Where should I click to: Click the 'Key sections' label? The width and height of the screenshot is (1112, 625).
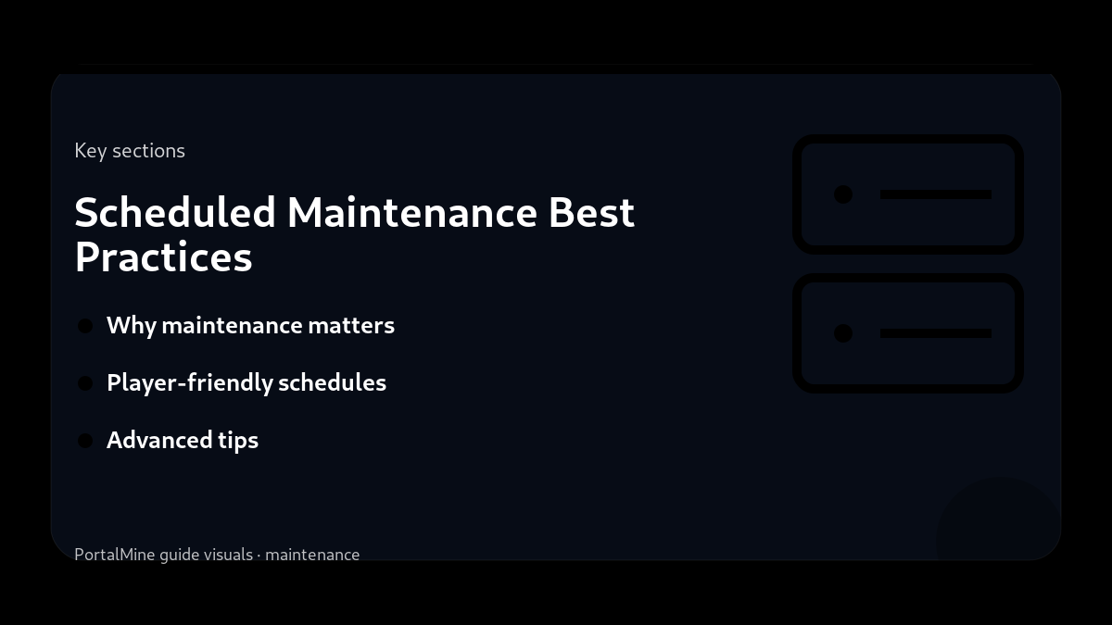[130, 151]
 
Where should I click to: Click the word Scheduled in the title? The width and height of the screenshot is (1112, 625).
[175, 213]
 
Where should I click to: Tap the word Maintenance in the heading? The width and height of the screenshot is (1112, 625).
[412, 213]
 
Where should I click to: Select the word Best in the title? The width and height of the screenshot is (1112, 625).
[591, 213]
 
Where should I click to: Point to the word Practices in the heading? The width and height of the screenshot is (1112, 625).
[163, 257]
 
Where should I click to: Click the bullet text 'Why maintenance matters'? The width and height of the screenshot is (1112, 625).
[250, 326]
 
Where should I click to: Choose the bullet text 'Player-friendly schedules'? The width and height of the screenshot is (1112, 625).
[246, 383]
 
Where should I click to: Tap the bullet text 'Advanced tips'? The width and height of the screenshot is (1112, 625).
[183, 441]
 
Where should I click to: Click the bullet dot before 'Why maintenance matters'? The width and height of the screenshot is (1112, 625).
[85, 326]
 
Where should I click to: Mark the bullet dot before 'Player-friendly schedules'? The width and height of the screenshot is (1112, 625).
[85, 383]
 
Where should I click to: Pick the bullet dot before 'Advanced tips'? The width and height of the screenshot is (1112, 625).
[85, 441]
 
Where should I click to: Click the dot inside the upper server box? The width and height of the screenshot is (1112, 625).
[843, 194]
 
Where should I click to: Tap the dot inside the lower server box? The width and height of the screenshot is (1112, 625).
[843, 333]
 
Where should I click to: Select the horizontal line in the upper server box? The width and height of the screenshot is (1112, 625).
[936, 194]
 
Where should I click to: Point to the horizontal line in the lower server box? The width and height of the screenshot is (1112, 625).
[936, 333]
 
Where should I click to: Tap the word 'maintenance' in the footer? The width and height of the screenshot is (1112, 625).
[312, 555]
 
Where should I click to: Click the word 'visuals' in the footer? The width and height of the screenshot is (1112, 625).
[228, 555]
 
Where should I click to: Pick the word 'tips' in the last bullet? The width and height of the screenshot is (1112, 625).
[238, 441]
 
